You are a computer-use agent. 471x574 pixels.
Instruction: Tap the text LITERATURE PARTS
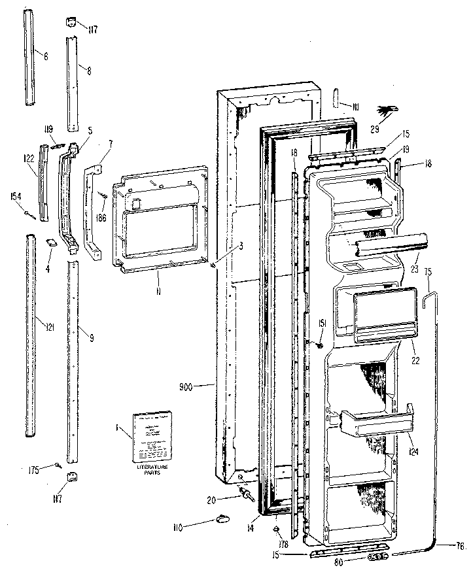point(152,470)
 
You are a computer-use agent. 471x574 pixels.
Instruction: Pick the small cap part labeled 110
point(222,519)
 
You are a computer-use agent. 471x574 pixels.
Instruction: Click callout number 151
point(323,322)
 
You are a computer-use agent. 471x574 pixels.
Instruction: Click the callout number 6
point(45,56)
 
